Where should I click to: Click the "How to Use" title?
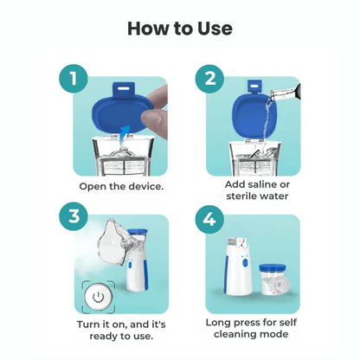coord(180,28)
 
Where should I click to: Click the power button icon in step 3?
coord(99,296)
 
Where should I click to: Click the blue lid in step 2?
coord(251,112)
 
